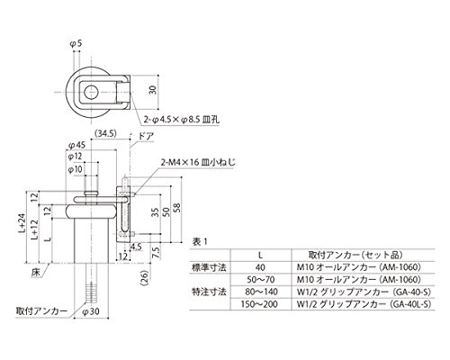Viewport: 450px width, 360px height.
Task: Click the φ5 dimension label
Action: pyautogui.click(x=76, y=44)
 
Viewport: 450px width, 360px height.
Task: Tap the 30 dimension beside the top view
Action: pyautogui.click(x=153, y=90)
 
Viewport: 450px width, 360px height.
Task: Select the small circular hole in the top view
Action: pyautogui.click(x=91, y=92)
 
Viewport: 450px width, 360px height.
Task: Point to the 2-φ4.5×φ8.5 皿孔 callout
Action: pyautogui.click(x=181, y=120)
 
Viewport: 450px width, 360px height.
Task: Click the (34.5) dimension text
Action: pyautogui.click(x=105, y=133)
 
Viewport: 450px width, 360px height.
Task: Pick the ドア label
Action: pyautogui.click(x=146, y=137)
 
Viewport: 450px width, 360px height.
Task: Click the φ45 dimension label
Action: pyautogui.click(x=76, y=146)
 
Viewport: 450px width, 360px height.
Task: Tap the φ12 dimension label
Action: pyautogui.click(x=75, y=157)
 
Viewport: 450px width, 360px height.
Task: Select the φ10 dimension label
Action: pyautogui.click(x=75, y=169)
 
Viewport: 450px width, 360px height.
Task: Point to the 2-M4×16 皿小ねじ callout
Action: pyautogui.click(x=198, y=163)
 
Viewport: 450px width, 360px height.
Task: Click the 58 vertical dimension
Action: pyautogui.click(x=177, y=208)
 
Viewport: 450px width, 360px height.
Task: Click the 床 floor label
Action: pyautogui.click(x=35, y=273)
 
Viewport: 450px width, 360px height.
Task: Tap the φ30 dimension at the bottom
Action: pyautogui.click(x=91, y=311)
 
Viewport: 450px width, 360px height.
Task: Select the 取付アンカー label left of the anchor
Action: pyautogui.click(x=41, y=311)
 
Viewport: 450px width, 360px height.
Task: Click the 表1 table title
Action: pyautogui.click(x=200, y=242)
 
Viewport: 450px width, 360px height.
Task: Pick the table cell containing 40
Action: pyautogui.click(x=260, y=267)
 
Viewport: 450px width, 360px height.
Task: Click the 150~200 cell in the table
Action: pyautogui.click(x=259, y=304)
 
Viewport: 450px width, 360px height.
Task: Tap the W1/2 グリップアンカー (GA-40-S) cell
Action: pyautogui.click(x=364, y=292)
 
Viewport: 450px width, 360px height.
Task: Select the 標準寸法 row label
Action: pyautogui.click(x=209, y=267)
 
